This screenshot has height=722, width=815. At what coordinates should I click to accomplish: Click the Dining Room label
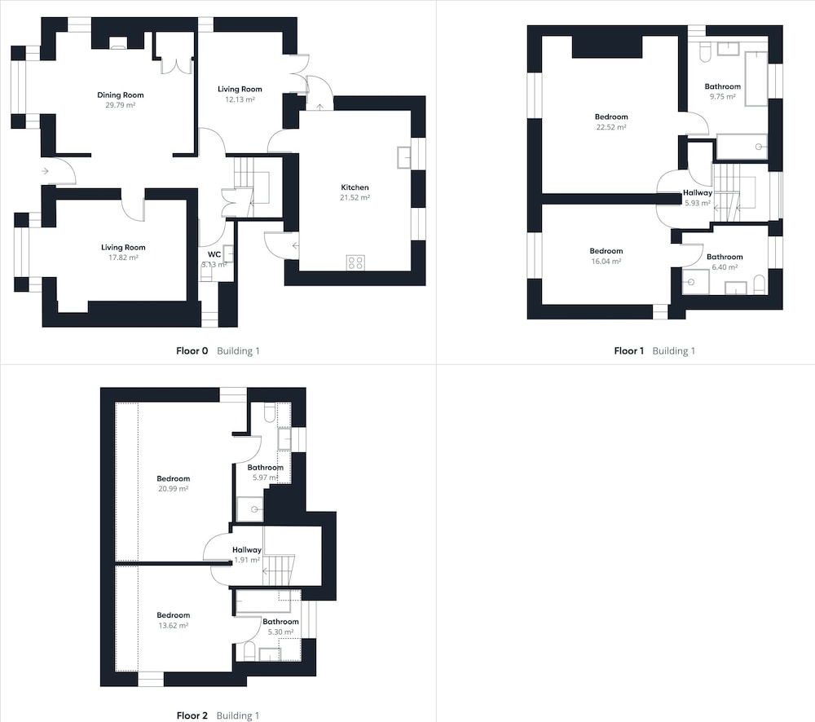tap(120, 95)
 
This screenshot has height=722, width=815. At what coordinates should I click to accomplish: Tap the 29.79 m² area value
tap(120, 105)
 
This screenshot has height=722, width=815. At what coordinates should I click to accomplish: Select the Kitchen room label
tap(355, 187)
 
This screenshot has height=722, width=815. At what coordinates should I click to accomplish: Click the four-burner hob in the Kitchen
tap(355, 262)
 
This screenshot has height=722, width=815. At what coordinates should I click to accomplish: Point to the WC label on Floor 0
tap(214, 254)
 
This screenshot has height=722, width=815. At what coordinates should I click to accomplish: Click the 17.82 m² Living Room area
tap(123, 258)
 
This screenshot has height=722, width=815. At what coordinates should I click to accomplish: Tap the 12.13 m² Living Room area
tap(240, 99)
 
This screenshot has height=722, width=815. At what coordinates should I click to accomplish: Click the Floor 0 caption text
tap(192, 351)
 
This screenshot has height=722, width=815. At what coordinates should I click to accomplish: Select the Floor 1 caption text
tap(628, 351)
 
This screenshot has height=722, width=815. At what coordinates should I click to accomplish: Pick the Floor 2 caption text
tap(192, 715)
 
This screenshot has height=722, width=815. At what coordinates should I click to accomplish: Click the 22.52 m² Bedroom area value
tap(611, 127)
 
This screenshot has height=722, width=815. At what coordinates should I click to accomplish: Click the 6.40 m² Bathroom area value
tap(725, 267)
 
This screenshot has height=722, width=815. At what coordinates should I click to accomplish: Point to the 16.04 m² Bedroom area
tap(606, 262)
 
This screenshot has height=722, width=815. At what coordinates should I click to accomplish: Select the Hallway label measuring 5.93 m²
tap(698, 193)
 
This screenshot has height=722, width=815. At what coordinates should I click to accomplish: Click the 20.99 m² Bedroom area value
tap(173, 489)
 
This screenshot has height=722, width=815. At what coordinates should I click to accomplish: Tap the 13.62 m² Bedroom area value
tap(173, 625)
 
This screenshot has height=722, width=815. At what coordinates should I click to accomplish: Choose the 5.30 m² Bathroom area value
tap(280, 632)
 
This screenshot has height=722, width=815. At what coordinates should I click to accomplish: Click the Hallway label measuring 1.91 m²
tap(247, 550)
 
